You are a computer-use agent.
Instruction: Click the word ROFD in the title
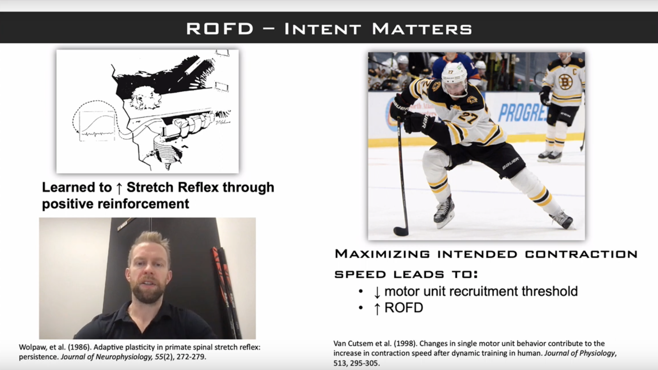220,28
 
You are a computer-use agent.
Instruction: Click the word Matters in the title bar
422,28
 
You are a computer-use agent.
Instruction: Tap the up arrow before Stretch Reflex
119,188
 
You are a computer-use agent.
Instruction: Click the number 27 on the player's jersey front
468,118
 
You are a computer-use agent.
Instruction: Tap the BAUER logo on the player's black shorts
511,163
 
